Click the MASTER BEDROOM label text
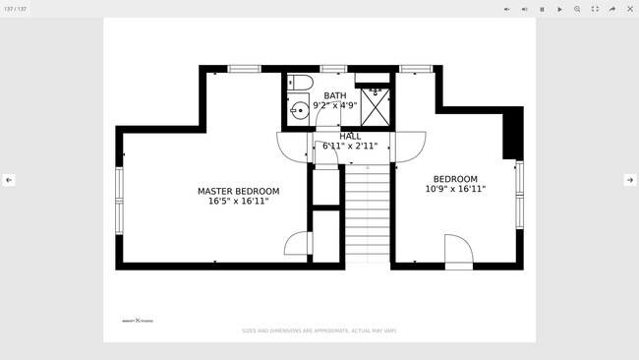[x=238, y=191]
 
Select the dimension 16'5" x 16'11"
[x=238, y=201]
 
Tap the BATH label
[x=334, y=96]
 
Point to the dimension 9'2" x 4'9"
[x=334, y=105]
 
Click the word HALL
[x=350, y=137]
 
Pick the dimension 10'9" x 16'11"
[x=455, y=189]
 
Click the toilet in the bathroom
[x=301, y=82]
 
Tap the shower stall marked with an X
[x=375, y=105]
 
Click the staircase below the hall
[x=367, y=212]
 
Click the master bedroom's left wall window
[x=119, y=201]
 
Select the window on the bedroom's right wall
[x=519, y=194]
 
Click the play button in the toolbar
[x=559, y=9]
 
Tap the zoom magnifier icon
[x=577, y=9]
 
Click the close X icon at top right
[x=630, y=9]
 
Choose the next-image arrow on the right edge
[x=630, y=180]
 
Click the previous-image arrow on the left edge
[x=9, y=180]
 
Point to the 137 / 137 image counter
[x=16, y=9]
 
